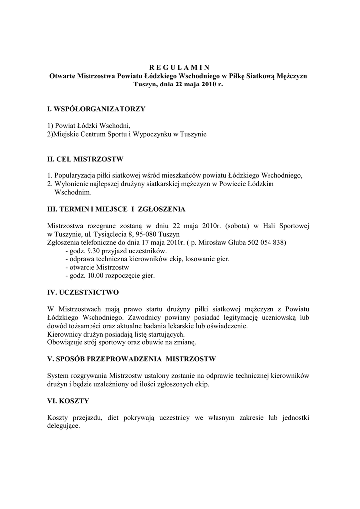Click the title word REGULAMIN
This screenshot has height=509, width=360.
pos(180,68)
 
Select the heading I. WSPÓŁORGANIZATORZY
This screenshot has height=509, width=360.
pos(96,108)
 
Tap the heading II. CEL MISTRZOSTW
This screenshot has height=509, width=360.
pos(85,160)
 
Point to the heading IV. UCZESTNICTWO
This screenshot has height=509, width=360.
pos(83,292)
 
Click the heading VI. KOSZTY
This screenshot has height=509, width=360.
pos(68,400)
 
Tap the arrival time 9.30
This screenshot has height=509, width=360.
pos(92,251)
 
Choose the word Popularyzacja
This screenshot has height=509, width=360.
pos(77,175)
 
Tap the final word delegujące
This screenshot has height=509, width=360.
pos(64,426)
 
